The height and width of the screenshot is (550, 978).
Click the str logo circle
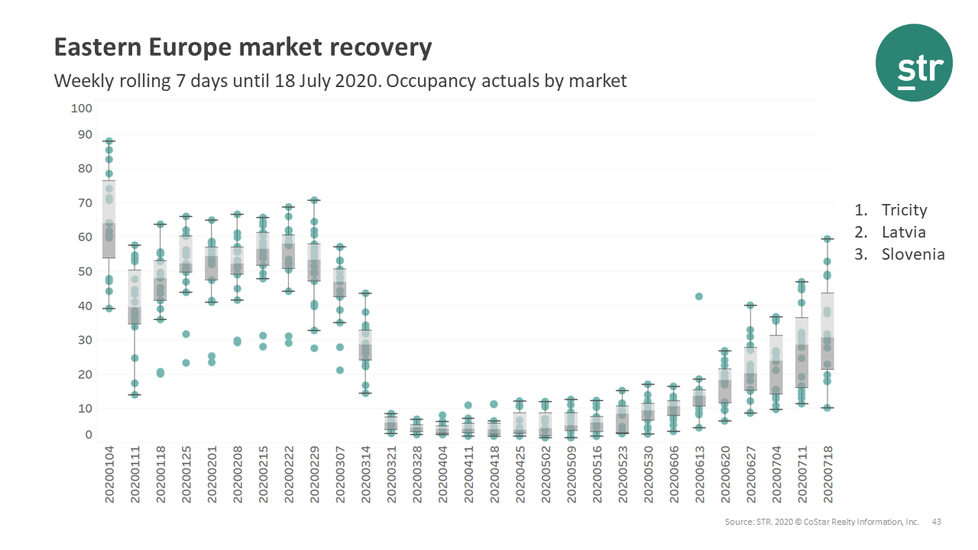tap(914, 63)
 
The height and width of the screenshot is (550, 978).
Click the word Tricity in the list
tap(904, 210)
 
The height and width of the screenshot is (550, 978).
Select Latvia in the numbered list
tap(902, 232)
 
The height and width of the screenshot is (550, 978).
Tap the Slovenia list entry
tap(913, 254)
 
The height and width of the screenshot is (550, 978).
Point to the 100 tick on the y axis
tap(81, 108)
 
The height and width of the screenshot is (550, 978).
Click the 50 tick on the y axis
tap(83, 271)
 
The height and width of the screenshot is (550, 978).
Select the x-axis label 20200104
tap(109, 475)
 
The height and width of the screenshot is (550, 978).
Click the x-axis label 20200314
tap(366, 475)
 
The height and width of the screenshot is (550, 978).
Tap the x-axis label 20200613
tap(699, 475)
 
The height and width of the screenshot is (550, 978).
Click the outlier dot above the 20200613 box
tap(698, 296)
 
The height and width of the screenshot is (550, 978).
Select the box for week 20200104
tap(109, 220)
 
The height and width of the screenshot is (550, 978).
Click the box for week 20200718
tap(827, 332)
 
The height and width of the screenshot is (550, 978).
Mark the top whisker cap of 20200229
tap(314, 200)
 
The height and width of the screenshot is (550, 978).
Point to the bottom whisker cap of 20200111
tap(134, 395)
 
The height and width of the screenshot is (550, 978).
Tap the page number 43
tap(936, 522)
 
